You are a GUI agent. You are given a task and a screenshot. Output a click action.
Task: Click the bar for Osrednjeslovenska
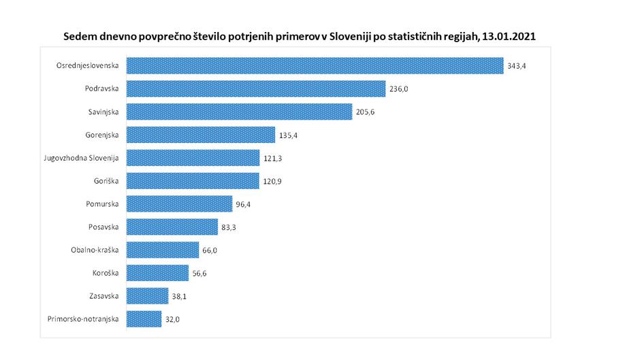315,65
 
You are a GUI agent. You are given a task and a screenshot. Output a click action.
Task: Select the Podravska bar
256,88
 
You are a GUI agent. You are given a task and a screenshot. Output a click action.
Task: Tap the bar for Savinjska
240,112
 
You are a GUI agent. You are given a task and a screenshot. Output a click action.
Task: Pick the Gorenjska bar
201,135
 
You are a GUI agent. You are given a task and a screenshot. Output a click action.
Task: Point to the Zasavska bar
147,295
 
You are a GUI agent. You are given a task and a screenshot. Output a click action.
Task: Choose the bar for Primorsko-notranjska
144,318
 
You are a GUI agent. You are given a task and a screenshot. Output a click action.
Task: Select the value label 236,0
398,89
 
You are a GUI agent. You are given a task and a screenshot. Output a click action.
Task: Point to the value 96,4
244,204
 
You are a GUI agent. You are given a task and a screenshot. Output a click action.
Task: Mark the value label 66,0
210,250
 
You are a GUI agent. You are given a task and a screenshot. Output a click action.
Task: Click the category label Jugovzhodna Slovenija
80,158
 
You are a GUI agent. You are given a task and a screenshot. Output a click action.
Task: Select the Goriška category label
106,181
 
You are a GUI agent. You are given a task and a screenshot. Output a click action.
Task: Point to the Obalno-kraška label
95,250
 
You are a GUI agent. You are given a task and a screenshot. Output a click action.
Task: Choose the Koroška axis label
106,273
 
